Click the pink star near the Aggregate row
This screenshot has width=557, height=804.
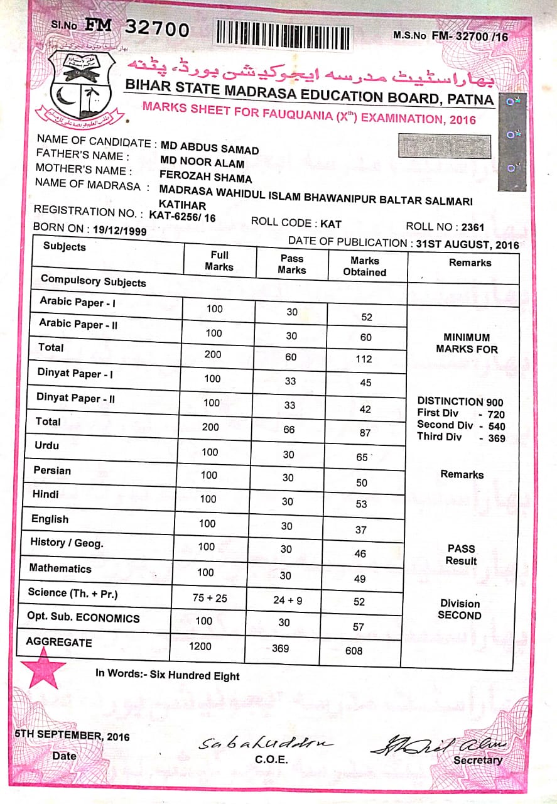tap(46, 667)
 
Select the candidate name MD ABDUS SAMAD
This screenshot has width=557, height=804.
tap(210, 146)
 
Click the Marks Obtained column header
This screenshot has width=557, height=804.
tap(365, 266)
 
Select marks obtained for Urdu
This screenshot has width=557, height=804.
tap(362, 457)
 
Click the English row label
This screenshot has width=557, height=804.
tap(50, 519)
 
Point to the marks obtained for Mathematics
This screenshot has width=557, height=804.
tap(360, 579)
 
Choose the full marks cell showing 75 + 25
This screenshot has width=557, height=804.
tap(210, 598)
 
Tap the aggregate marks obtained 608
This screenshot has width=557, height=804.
tap(354, 651)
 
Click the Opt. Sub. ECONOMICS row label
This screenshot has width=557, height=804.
tap(84, 617)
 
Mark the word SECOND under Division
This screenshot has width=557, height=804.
tap(459, 616)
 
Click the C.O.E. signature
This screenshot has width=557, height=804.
tap(266, 744)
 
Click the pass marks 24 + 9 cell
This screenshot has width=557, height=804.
tap(288, 600)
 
